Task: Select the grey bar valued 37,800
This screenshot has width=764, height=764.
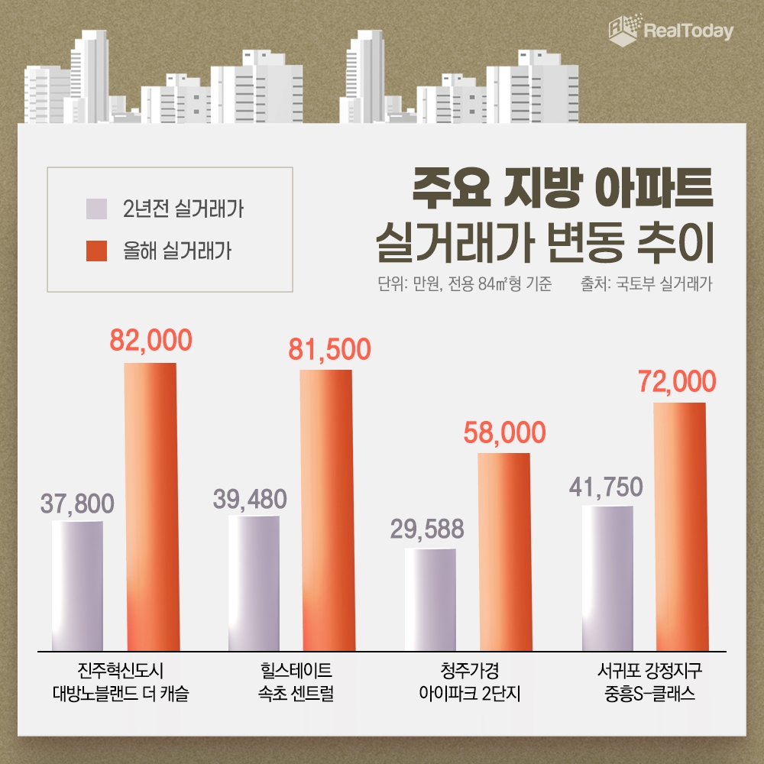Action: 77,586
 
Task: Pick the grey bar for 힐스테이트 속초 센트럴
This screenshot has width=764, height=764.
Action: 254,583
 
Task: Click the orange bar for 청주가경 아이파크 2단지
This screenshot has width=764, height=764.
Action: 503,552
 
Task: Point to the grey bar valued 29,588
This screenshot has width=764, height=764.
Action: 430,600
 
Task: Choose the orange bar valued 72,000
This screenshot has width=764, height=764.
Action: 679,526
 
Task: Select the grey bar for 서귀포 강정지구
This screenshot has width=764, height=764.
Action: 607,578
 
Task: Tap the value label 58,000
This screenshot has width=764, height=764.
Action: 504,432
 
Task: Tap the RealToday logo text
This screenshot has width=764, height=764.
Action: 688,31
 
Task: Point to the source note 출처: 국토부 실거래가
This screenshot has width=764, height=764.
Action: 646,285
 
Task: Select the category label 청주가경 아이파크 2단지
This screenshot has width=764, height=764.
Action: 470,684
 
